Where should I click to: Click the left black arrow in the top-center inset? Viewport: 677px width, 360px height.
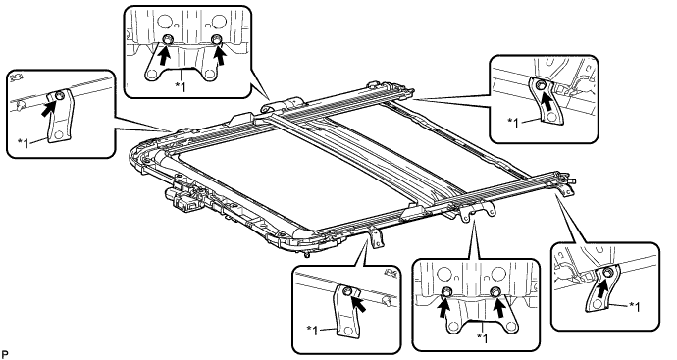coord(162,54)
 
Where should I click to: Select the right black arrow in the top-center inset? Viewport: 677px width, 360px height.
coord(221,54)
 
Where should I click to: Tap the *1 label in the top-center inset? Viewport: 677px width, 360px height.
coord(181,86)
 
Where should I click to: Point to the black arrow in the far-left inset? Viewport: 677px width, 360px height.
coord(51,107)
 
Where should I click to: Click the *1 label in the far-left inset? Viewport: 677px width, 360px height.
coord(24,143)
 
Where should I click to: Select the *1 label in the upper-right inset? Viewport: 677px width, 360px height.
coord(515,123)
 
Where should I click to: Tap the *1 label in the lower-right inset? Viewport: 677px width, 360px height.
coord(634,307)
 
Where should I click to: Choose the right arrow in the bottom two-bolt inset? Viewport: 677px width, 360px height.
coord(499,307)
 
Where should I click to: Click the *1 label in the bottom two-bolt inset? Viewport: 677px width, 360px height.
coord(482,338)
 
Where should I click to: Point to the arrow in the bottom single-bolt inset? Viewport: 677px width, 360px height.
coord(360,302)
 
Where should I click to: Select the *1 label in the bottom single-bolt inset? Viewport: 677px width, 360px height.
coord(313,331)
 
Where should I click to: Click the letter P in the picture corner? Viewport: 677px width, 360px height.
coord(5,355)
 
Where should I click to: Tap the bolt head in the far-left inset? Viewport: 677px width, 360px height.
coord(60,95)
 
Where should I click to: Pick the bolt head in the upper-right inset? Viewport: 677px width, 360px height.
coord(540,86)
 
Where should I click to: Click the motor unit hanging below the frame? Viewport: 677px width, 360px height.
coord(182,200)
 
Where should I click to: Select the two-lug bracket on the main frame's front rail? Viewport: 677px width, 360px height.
coord(476,213)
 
